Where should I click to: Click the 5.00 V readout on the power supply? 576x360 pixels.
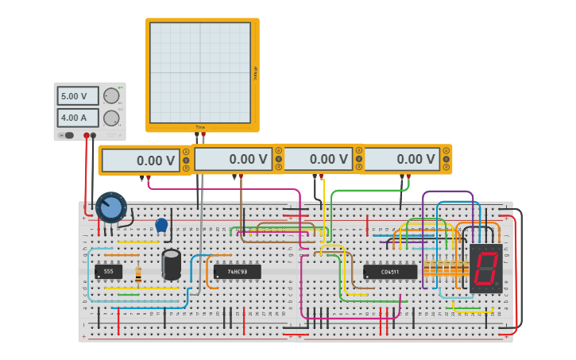77,96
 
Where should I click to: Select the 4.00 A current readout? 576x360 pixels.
77,118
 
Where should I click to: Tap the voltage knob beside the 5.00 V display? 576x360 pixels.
111,96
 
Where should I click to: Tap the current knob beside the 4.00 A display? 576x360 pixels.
111,118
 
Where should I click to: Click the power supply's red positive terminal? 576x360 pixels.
87,135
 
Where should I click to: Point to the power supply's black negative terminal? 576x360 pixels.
94,135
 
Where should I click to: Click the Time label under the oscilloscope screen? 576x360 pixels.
200,127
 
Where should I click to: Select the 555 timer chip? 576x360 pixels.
108,271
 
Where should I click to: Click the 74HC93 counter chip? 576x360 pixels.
237,272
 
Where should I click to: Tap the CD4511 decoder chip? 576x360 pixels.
390,272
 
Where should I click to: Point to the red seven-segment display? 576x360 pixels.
485,269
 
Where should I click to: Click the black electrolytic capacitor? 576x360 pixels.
171,264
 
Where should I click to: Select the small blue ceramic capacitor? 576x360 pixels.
162,225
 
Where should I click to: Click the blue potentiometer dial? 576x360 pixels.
110,207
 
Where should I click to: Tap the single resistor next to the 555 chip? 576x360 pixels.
139,274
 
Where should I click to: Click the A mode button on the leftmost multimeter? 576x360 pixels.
186,151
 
